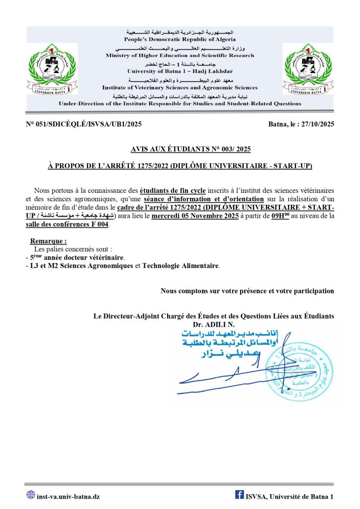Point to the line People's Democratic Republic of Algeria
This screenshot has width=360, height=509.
click(180, 39)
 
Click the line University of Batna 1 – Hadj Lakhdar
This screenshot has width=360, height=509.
click(180, 71)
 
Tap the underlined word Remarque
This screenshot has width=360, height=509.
click(48, 241)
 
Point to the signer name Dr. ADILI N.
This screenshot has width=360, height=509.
click(216, 324)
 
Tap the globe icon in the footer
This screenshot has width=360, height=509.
click(30, 495)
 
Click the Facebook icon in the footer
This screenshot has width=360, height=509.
click(239, 495)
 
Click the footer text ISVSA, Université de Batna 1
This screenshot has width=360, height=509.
click(289, 496)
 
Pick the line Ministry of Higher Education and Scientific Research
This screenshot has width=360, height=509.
click(180, 55)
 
